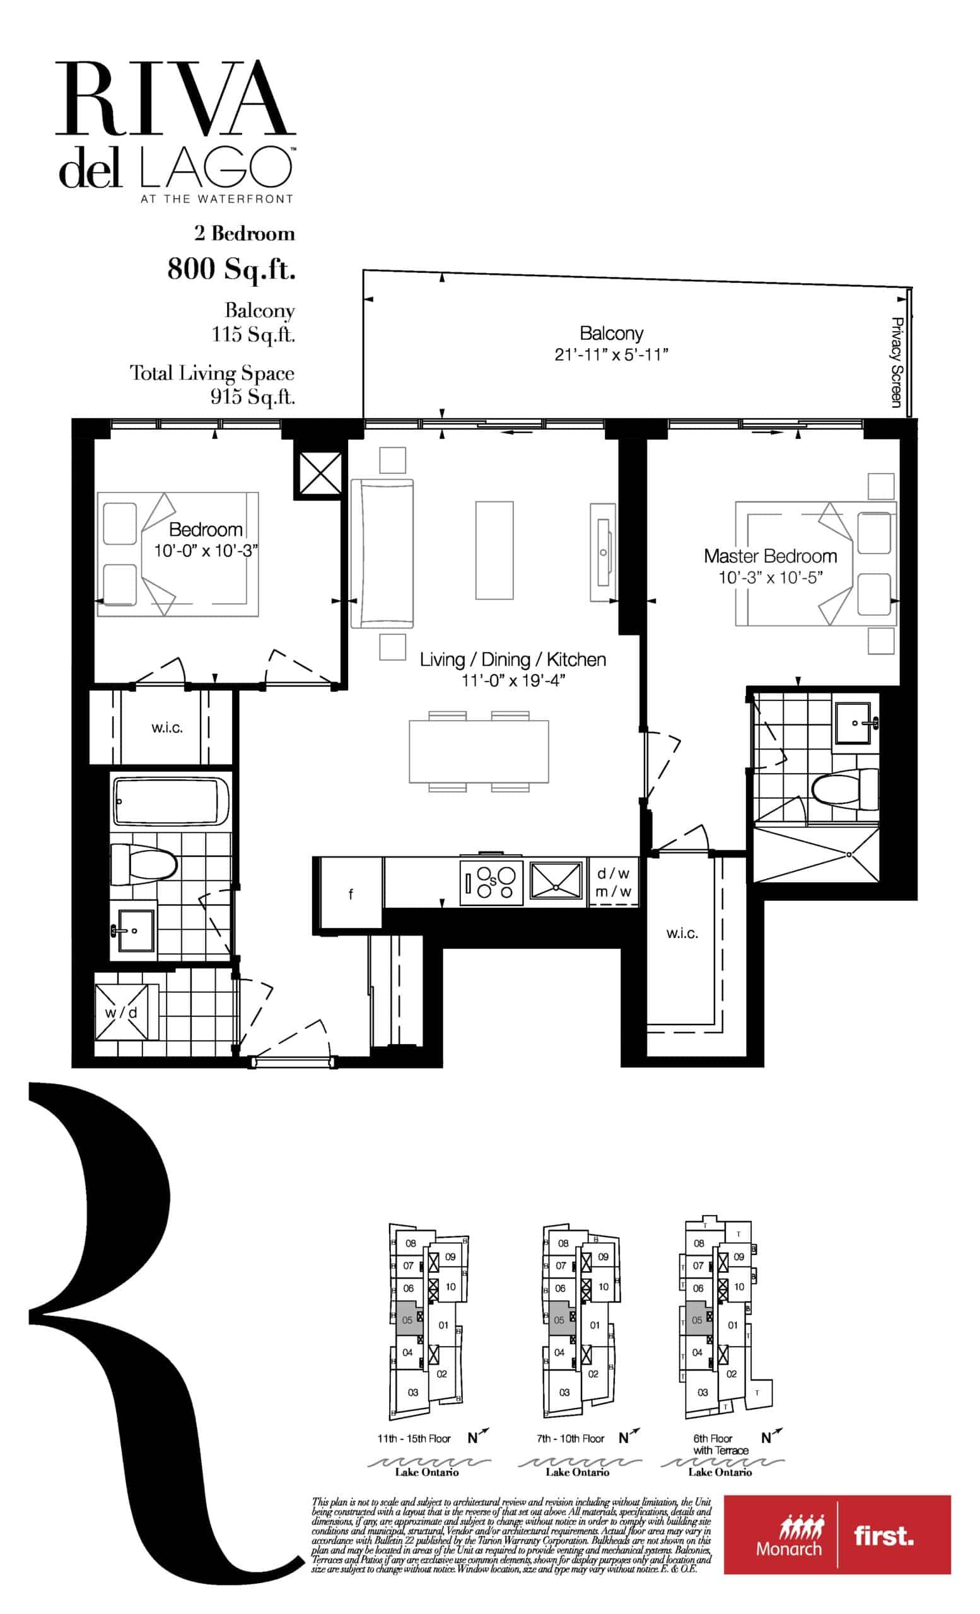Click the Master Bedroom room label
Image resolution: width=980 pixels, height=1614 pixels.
[770, 556]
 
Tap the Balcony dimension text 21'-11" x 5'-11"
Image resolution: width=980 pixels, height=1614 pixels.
[610, 354]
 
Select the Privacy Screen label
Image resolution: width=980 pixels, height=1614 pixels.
[897, 362]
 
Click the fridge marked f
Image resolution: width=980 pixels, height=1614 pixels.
[351, 893]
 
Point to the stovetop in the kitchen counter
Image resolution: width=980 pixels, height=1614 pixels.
[491, 881]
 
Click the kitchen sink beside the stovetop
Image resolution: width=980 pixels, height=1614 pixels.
[556, 880]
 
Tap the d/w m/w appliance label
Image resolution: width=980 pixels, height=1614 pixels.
[613, 882]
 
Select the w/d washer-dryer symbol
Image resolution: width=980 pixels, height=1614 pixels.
[121, 1012]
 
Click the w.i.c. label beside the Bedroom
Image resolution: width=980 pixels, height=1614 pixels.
[167, 728]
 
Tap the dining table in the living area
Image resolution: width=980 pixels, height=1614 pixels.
[479, 752]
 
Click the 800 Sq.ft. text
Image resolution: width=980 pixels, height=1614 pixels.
[231, 269]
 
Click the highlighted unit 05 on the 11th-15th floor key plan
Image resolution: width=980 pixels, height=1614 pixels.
[408, 1320]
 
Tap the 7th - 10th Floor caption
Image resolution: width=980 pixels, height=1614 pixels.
[570, 1439]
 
